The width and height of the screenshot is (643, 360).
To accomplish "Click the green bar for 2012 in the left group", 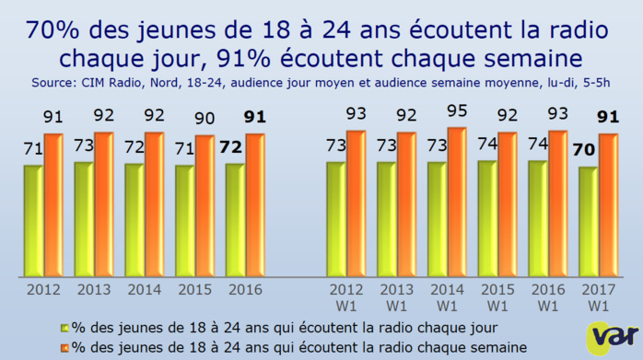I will pos(33,221).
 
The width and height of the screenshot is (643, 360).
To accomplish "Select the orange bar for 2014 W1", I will pos(456,203).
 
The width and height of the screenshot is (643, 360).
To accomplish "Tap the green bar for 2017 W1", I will pos(588,222).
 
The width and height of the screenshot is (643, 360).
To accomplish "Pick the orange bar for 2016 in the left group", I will pos(254,205).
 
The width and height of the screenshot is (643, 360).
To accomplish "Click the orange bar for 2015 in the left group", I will pos(204,206).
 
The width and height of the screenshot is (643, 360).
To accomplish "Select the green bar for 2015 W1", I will pos(487,219).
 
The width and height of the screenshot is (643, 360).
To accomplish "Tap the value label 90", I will pos(205,120).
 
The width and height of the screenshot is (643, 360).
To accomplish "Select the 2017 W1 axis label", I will pos(596,296).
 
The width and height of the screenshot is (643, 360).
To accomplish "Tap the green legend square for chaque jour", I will pos(65,327).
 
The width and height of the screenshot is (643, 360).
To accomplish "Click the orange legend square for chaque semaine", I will pos(65,346).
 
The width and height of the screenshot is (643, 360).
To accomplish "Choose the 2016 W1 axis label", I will pos(545,296).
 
